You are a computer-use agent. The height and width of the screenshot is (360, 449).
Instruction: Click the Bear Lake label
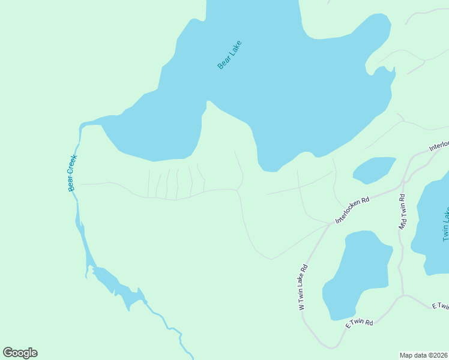coord(229,55)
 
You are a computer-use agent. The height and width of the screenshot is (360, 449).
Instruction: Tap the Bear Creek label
coord(72,173)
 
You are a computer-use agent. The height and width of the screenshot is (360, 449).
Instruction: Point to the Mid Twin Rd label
coord(402,211)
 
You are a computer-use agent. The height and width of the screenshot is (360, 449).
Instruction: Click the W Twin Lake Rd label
coord(303,287)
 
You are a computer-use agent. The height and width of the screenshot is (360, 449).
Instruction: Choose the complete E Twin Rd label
coord(359,323)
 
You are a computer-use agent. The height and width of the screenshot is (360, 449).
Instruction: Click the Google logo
coord(20,353)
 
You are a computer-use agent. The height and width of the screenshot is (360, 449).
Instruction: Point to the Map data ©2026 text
coord(424,355)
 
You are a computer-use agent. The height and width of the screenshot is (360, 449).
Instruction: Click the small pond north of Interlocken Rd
coord(373,170)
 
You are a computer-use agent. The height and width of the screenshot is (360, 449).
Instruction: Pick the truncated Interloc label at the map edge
coord(438,146)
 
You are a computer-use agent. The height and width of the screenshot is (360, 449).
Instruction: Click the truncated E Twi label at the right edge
coord(440,306)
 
